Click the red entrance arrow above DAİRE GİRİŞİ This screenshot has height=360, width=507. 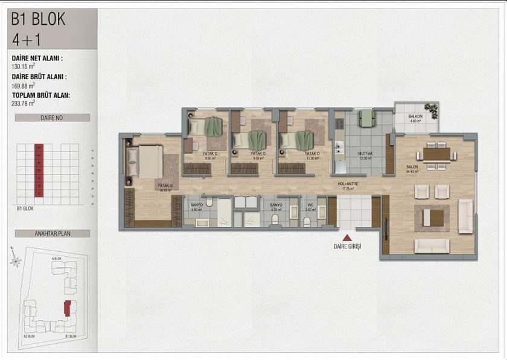pos(346,237)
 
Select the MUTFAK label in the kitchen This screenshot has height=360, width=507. pos(364,154)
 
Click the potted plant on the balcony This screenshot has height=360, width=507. pos(431,110)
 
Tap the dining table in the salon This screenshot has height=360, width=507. pos(436,154)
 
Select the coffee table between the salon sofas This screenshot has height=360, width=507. pos(433,216)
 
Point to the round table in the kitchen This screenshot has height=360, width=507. pos(367,118)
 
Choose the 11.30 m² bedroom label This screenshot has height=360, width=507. pos(311,156)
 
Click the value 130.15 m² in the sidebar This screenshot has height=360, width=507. pos(24,67)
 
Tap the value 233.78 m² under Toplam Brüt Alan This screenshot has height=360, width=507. pos(24,103)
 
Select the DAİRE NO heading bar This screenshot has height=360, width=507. pos(53,118)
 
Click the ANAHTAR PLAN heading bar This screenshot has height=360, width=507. pos(53,233)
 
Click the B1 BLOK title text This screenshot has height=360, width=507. pos(38,19)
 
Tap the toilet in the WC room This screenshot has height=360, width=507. pos(307,221)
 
